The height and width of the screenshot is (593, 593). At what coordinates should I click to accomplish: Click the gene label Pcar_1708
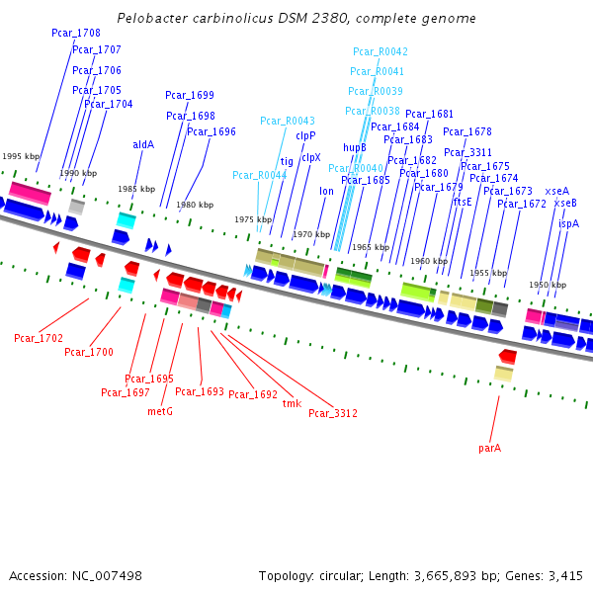tap(76, 33)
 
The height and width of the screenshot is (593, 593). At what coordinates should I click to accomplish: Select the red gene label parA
tap(489, 448)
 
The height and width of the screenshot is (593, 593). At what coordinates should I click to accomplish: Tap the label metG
tap(160, 410)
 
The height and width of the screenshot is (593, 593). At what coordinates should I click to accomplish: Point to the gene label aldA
tap(143, 144)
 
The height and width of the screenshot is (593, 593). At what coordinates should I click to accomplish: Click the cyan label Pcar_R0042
tap(381, 51)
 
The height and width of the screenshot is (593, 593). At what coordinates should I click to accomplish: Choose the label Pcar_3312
tap(333, 413)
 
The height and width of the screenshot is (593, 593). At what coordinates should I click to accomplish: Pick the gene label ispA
tap(568, 223)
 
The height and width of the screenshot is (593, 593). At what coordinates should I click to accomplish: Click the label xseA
tap(556, 191)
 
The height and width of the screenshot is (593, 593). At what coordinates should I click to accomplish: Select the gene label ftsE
tap(463, 201)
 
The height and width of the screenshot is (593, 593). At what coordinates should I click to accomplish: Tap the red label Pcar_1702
tap(39, 338)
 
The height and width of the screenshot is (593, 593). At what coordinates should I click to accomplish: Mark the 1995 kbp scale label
tap(21, 156)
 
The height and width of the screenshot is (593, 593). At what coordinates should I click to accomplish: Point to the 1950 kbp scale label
tap(547, 285)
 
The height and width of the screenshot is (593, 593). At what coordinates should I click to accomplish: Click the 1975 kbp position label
tap(253, 219)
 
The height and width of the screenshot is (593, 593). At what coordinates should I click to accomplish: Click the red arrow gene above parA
tap(507, 356)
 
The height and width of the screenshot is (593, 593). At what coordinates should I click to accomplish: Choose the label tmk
tap(292, 403)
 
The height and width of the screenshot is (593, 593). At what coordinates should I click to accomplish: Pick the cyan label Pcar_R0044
tap(260, 175)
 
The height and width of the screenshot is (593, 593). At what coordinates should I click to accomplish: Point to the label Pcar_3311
tap(467, 152)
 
